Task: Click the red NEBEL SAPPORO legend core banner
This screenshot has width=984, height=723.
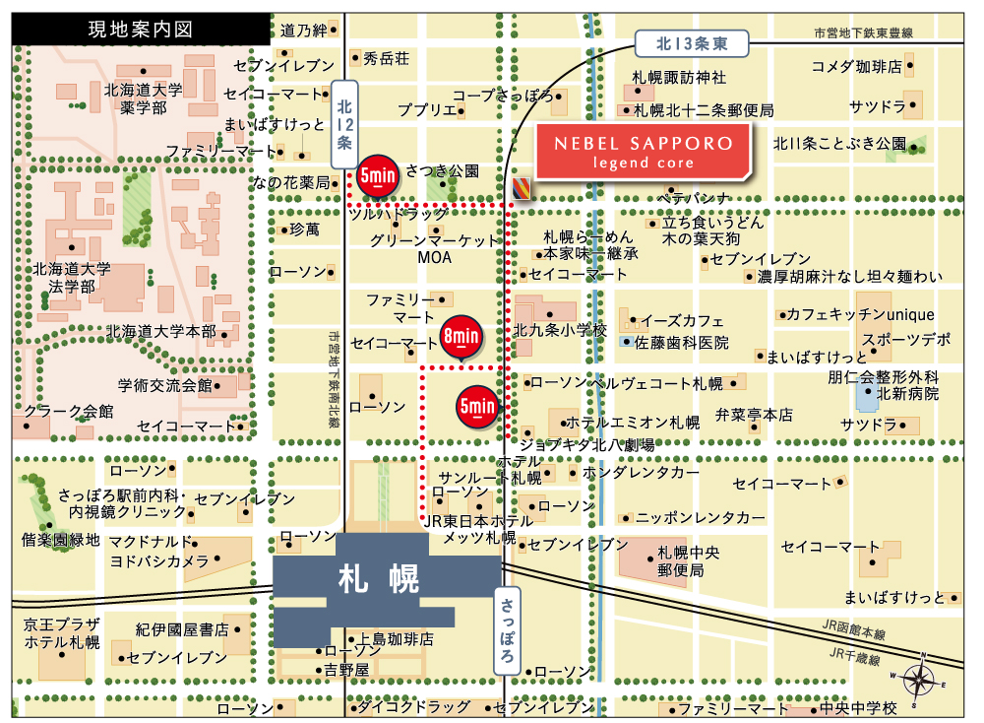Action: (644, 151)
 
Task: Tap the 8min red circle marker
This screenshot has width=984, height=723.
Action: (460, 337)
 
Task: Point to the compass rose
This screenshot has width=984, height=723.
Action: (919, 679)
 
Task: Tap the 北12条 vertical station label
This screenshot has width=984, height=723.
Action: (343, 121)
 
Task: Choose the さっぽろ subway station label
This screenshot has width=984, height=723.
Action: (507, 629)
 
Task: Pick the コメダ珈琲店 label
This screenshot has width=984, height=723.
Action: (856, 67)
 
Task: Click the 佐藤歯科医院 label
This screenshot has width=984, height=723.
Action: (681, 343)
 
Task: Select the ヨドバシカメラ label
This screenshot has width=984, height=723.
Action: (158, 560)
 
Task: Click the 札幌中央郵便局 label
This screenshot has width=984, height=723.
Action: (682, 560)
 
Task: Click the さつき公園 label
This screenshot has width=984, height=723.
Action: (442, 171)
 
